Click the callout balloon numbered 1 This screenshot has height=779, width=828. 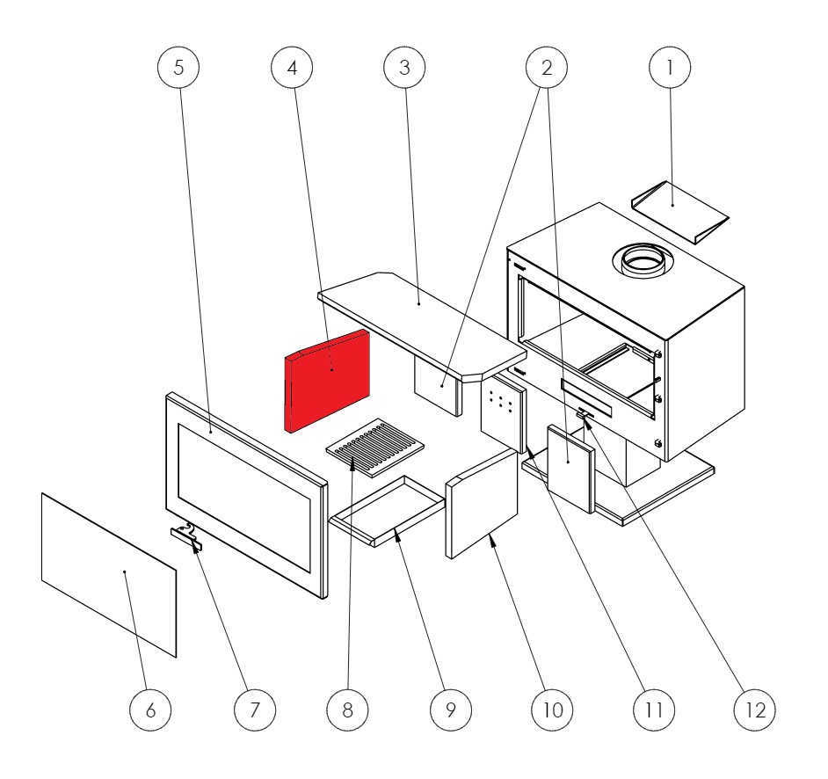(x=670, y=68)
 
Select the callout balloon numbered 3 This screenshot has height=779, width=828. (x=404, y=68)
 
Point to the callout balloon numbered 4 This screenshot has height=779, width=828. (x=292, y=68)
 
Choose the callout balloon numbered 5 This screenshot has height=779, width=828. (x=178, y=68)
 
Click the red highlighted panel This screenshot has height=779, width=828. (x=327, y=378)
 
